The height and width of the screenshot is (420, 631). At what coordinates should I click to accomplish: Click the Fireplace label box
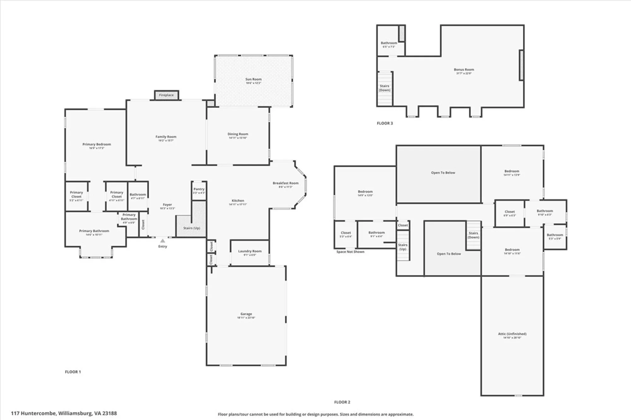tap(166, 95)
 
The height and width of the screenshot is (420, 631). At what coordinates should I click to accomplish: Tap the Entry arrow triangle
tap(162, 241)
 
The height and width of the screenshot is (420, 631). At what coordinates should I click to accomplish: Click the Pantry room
tap(199, 191)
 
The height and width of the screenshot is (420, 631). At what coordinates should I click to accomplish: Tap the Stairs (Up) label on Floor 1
tap(192, 228)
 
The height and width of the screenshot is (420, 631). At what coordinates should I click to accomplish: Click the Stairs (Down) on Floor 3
tap(384, 88)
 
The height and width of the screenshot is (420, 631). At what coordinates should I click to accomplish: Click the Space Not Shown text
tap(350, 252)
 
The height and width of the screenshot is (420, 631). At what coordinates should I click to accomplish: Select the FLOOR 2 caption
tap(342, 402)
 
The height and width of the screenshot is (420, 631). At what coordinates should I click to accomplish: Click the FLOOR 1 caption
tap(73, 372)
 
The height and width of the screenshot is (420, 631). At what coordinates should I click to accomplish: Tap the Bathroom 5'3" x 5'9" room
tap(555, 236)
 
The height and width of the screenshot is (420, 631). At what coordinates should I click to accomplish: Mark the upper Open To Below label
tap(443, 173)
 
